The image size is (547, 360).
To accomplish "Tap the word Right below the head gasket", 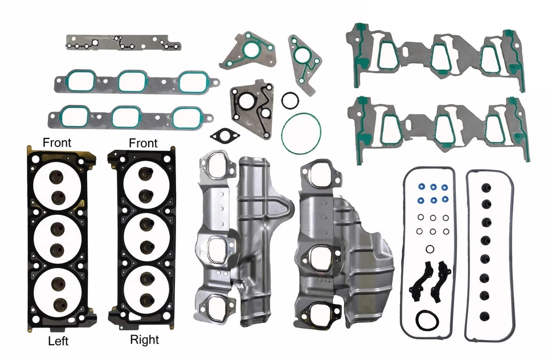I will click(144, 340).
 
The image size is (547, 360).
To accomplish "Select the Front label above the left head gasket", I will click(57, 142).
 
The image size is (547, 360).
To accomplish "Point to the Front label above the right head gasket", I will click(143, 142).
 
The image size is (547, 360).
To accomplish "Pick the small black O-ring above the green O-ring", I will click(290, 100).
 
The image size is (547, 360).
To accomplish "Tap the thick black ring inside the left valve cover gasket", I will click(426, 320).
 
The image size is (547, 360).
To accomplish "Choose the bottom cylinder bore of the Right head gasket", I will click(145, 291).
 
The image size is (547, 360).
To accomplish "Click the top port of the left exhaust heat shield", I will click(215, 169).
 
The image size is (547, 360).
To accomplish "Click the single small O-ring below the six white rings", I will click(428, 248).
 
